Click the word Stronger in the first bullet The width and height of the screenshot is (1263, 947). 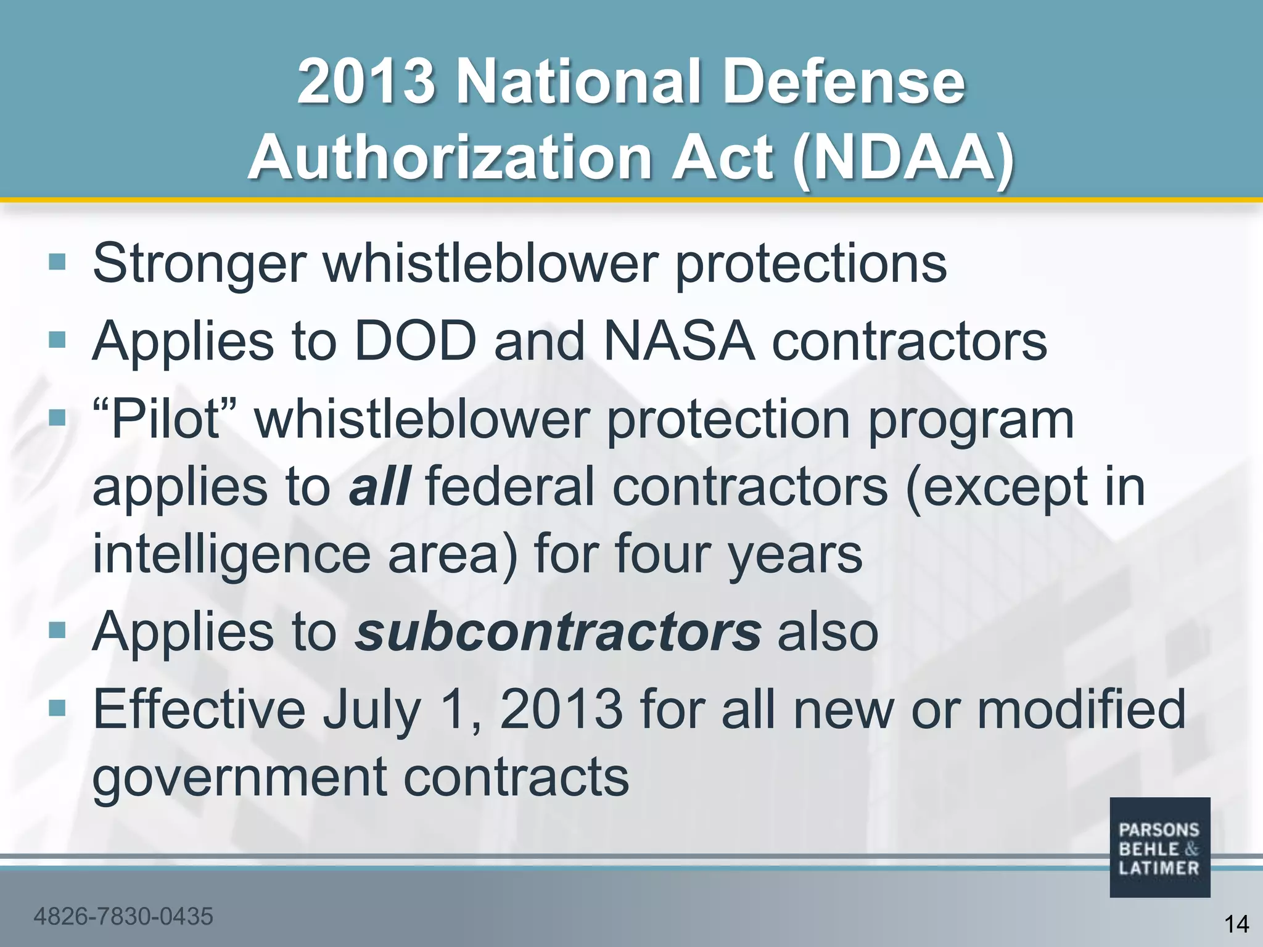pos(199,264)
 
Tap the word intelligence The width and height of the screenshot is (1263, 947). pos(231,554)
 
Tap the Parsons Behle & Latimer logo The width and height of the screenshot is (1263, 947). pos(1159,848)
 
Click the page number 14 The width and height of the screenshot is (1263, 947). pos(1236,924)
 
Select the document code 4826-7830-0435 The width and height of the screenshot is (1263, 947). pos(123,916)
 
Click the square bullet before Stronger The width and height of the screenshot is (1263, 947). pos(57,262)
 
